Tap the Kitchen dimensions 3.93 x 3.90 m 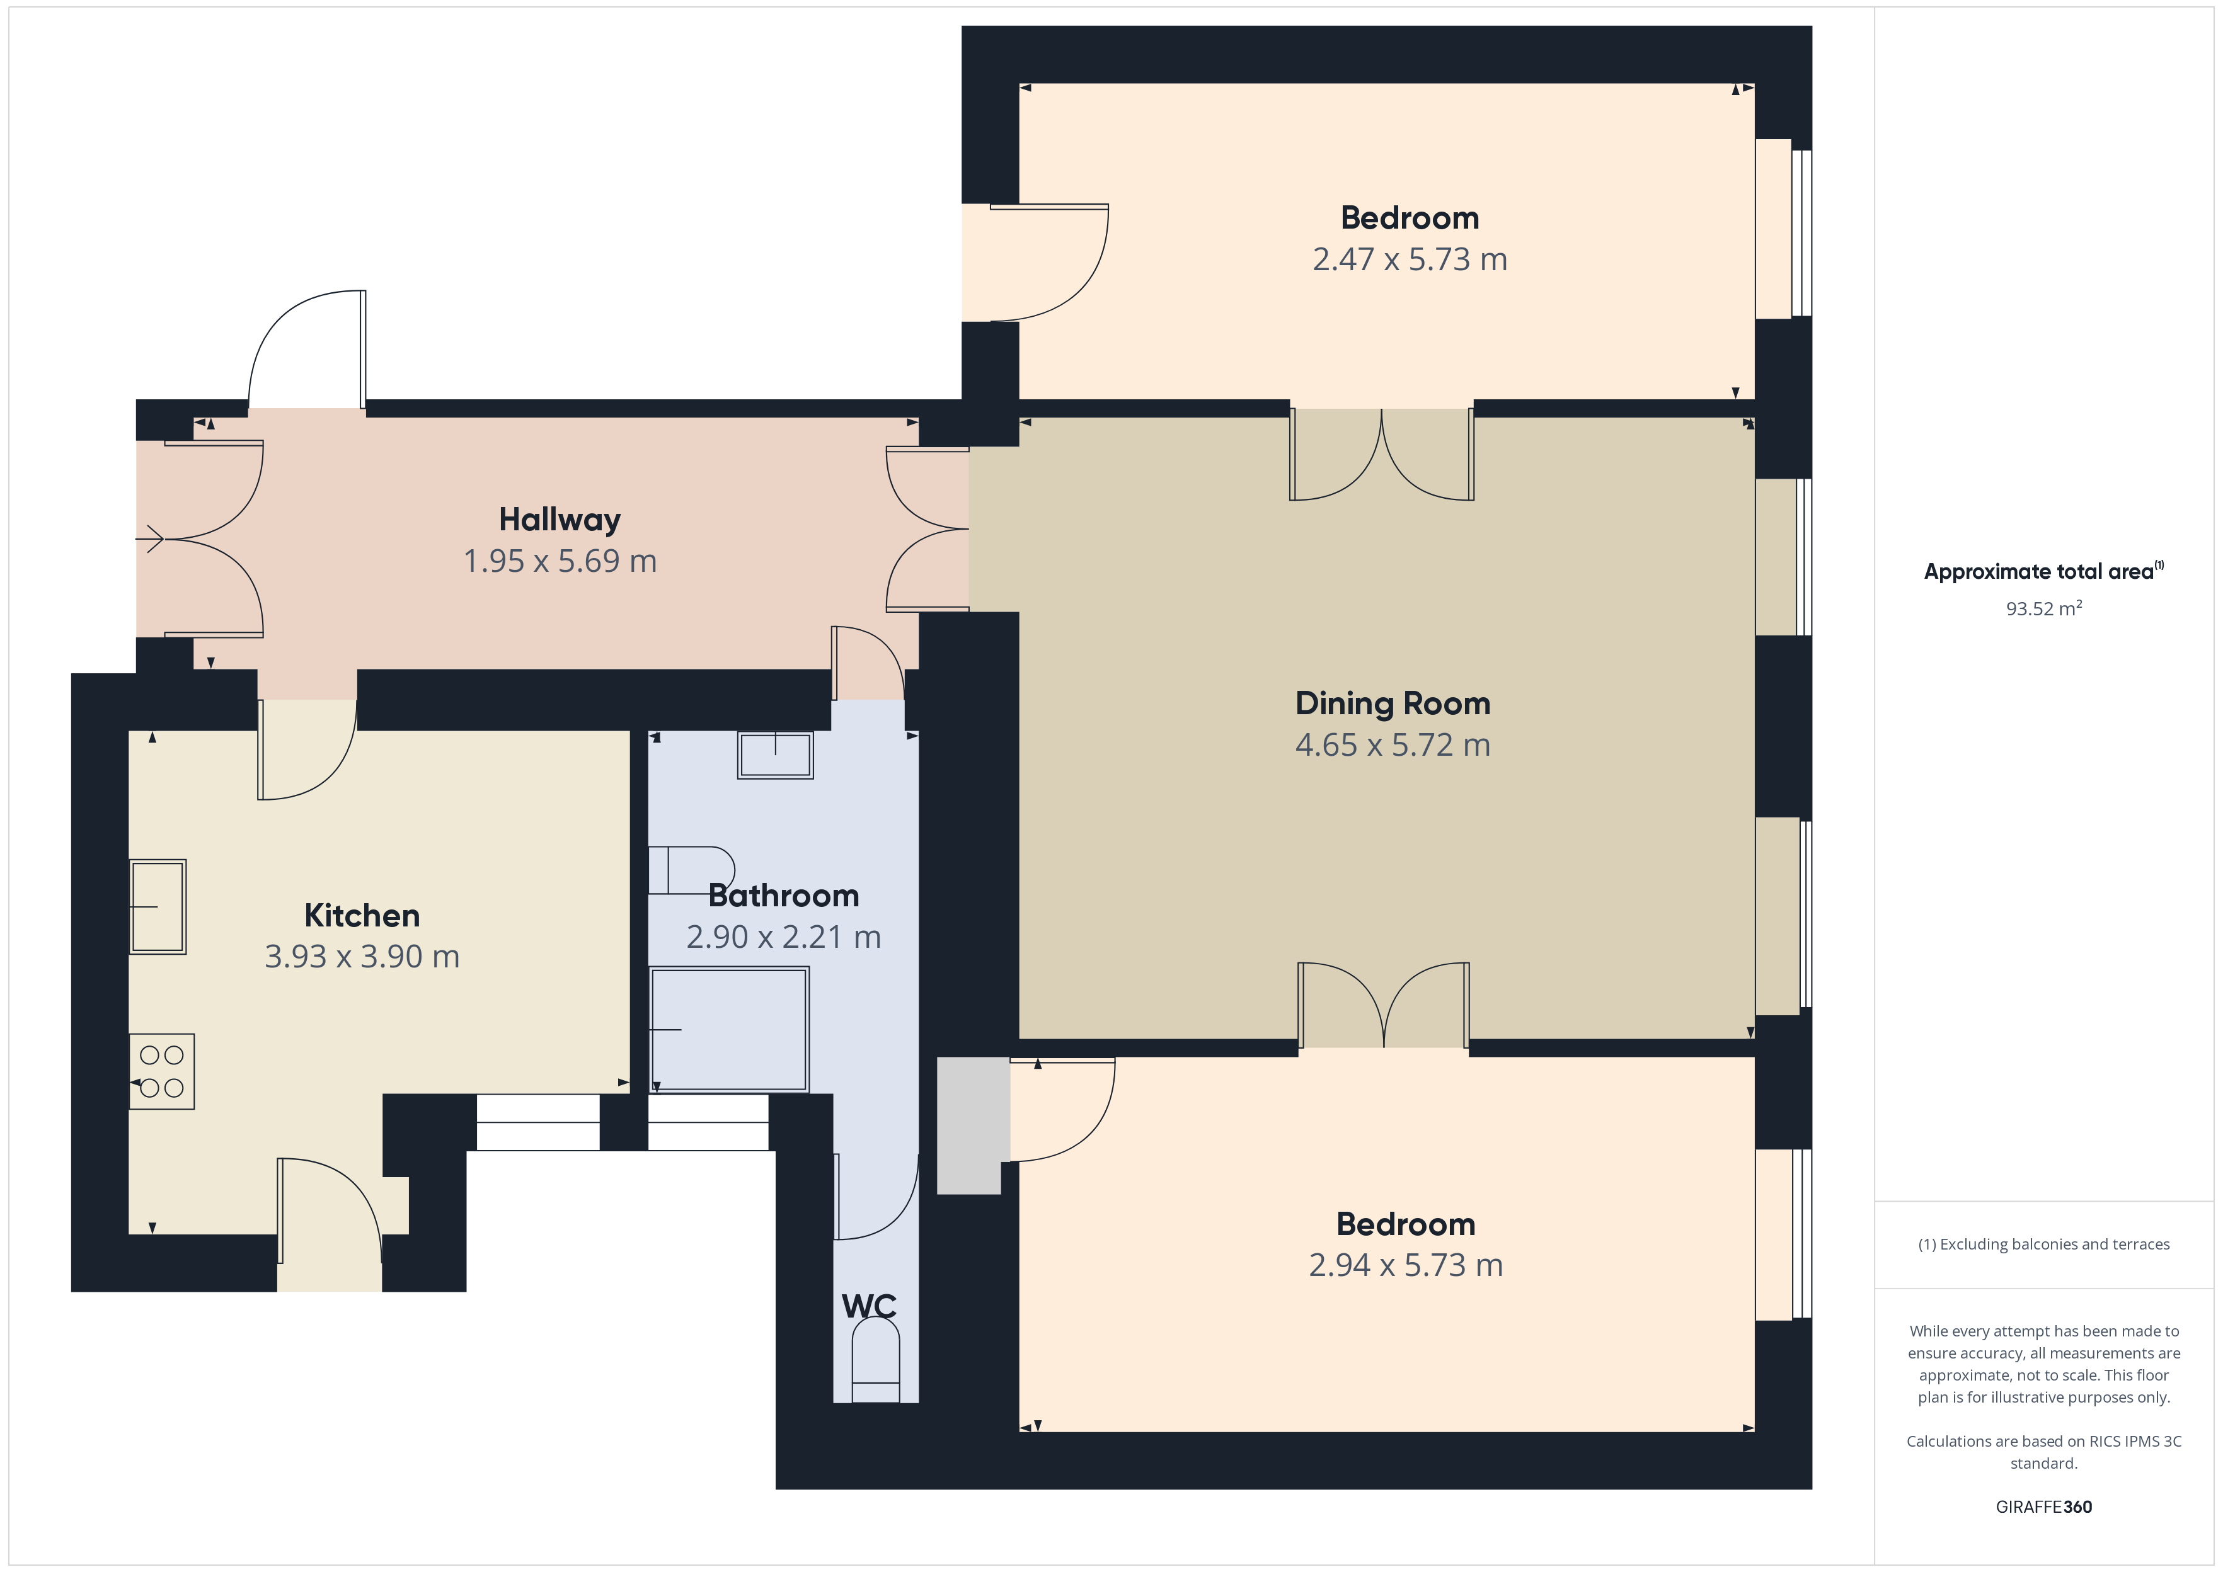pyautogui.click(x=362, y=957)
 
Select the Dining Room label pyautogui.click(x=1393, y=703)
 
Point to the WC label pyautogui.click(x=868, y=1306)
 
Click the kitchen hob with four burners pyautogui.click(x=162, y=1071)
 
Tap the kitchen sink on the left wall pyautogui.click(x=158, y=907)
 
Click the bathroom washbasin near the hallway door pyautogui.click(x=776, y=755)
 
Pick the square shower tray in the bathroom pyautogui.click(x=729, y=1029)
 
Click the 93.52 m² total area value pyautogui.click(x=2044, y=608)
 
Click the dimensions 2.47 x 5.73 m pyautogui.click(x=1410, y=259)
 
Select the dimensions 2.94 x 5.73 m pyautogui.click(x=1406, y=1265)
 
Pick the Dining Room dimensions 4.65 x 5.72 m pyautogui.click(x=1393, y=745)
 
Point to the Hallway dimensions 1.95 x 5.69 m pyautogui.click(x=560, y=561)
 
